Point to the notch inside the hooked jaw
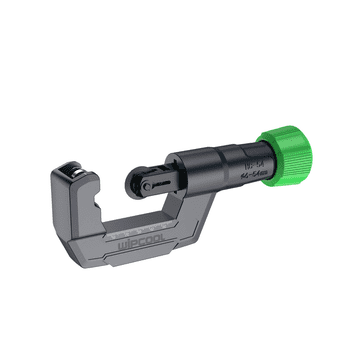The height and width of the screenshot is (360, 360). pos(89,199)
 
